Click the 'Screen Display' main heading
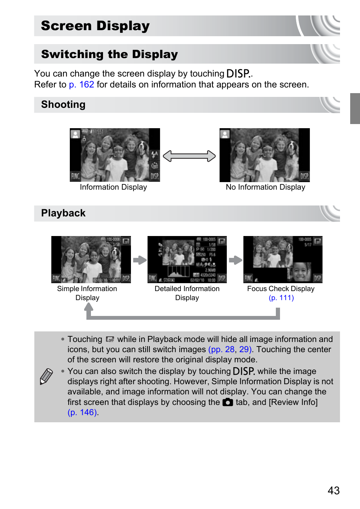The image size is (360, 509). pos(95,26)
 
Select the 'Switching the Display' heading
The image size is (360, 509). pos(109,54)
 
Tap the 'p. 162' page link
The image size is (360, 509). pos(82,84)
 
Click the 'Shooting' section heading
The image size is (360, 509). pos(63,104)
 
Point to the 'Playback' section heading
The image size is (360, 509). pos(63,213)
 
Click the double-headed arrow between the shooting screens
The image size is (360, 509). pos(189,156)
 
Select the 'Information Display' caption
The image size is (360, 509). pos(113,187)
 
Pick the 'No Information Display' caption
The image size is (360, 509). pos(265,187)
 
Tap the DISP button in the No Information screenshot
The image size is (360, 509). pos(304,176)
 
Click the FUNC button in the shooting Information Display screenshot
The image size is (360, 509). pos(75,176)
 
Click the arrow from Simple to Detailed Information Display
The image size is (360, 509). pos(140,260)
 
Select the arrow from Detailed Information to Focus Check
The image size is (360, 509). pos(235,260)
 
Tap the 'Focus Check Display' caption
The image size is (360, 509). pos(281,289)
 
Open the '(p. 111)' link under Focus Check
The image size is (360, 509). pos(281,298)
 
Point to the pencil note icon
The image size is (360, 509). pos(46,376)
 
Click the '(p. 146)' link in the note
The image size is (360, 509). pos(83,412)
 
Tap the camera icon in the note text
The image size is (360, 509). pos(228,402)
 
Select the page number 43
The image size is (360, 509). pos(334,491)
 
